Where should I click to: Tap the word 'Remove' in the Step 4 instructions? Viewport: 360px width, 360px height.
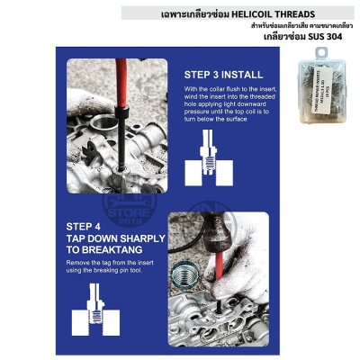[80, 263]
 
